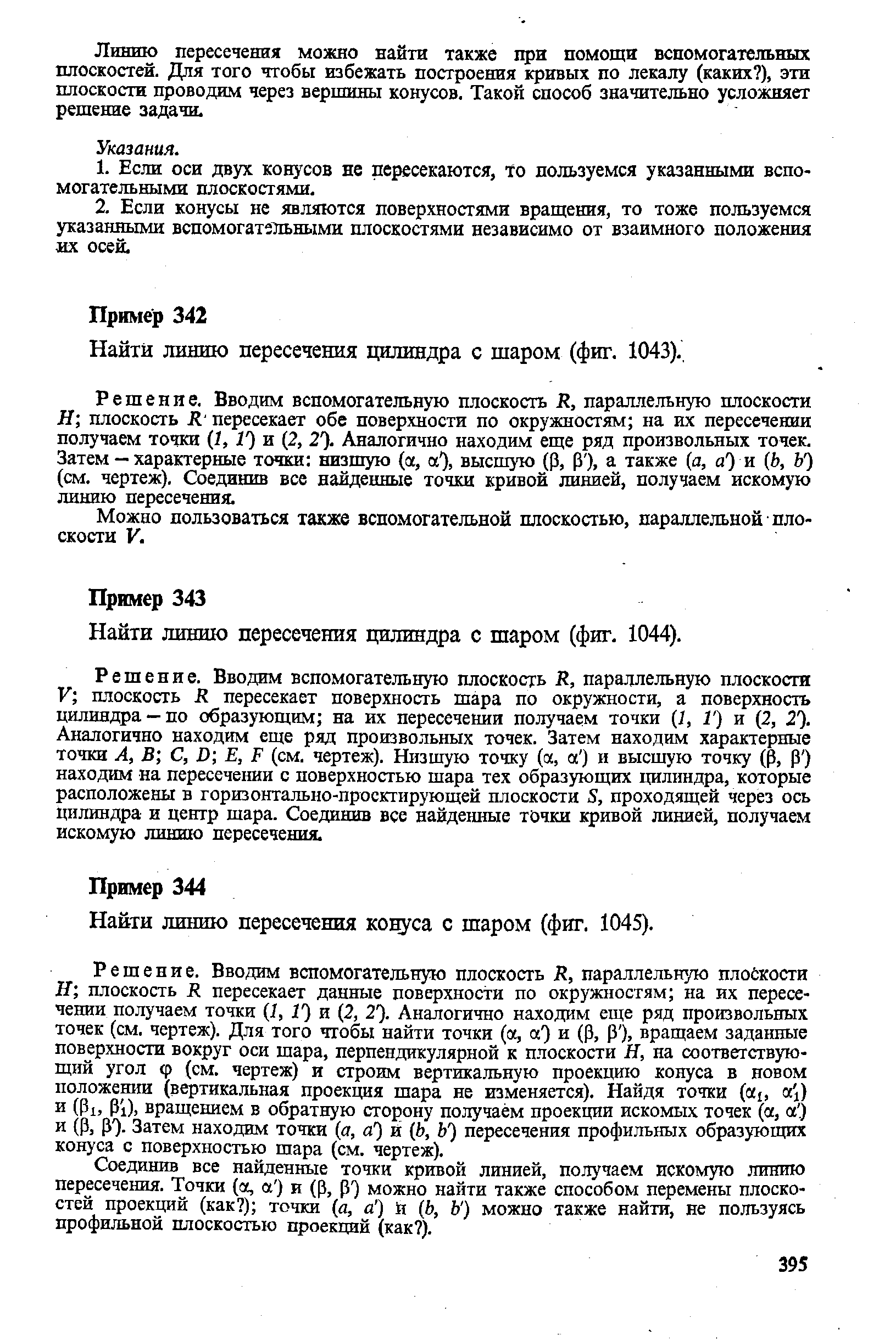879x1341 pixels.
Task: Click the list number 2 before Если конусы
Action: (102, 209)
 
